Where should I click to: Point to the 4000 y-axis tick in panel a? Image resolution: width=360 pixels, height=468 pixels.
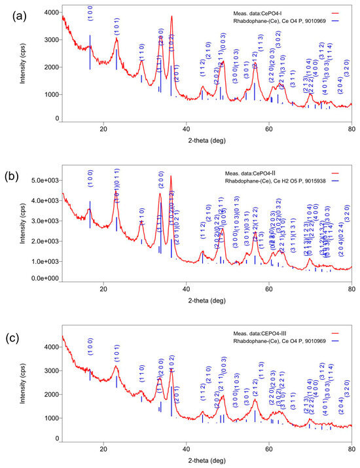(x=48, y=12)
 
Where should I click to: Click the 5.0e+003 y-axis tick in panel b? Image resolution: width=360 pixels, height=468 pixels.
(x=43, y=180)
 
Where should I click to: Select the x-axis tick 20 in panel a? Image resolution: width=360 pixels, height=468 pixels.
(x=103, y=128)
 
